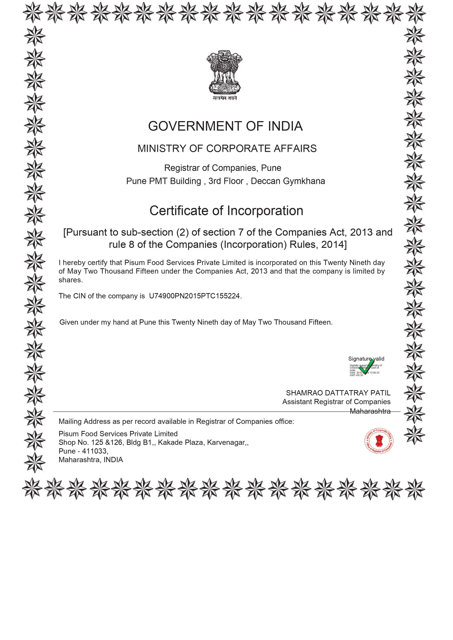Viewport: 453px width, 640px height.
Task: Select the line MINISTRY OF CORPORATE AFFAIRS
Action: (x=227, y=149)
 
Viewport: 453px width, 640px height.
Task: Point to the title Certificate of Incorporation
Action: (x=226, y=211)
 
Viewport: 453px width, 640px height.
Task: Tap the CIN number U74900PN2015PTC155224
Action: (x=195, y=296)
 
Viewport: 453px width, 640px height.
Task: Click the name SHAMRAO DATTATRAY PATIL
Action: (x=338, y=393)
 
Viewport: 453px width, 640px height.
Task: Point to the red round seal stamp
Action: (x=379, y=441)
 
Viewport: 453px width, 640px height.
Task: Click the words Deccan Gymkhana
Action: (x=288, y=181)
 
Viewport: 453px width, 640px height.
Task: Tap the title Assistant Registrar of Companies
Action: (x=336, y=402)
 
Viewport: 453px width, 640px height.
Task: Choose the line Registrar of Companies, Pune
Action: (x=222, y=168)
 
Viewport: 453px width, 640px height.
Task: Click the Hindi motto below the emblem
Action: (x=224, y=98)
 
